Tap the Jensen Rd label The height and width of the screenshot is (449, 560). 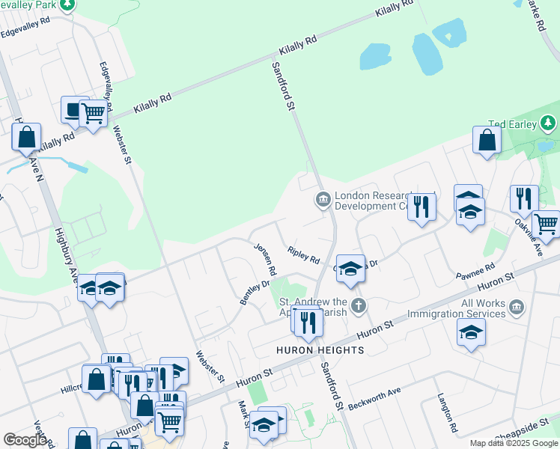(266, 259)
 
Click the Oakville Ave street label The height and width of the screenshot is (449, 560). (529, 237)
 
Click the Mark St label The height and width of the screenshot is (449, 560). (243, 414)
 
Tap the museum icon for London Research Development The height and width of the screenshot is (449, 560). (323, 199)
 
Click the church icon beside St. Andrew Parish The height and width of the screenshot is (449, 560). (359, 305)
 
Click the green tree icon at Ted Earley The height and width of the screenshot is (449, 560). (549, 122)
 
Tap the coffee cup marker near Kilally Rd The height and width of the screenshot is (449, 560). (73, 110)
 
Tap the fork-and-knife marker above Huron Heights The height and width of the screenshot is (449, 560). (308, 322)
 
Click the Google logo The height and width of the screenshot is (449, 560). (25, 440)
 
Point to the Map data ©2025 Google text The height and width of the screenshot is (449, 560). (513, 443)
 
